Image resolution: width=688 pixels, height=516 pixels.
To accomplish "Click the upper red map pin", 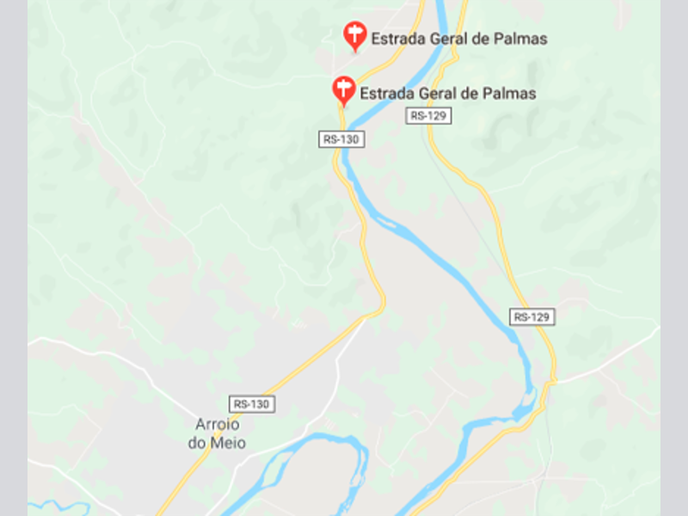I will point(353,34).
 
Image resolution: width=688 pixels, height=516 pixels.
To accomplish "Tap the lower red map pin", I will point(343,89).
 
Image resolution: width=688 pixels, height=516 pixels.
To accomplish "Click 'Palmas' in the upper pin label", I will point(521,39).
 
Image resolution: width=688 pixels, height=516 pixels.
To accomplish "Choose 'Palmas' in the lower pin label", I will point(510,94).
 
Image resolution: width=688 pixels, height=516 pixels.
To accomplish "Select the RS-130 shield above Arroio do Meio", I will point(252,403).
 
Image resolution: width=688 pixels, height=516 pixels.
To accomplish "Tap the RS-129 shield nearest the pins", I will point(428,115).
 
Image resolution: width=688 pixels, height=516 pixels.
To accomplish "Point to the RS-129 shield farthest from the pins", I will point(531,316).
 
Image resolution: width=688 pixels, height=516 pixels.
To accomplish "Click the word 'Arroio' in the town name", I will point(217,426).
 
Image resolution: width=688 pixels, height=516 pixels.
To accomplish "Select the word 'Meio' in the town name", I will point(228,443).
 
